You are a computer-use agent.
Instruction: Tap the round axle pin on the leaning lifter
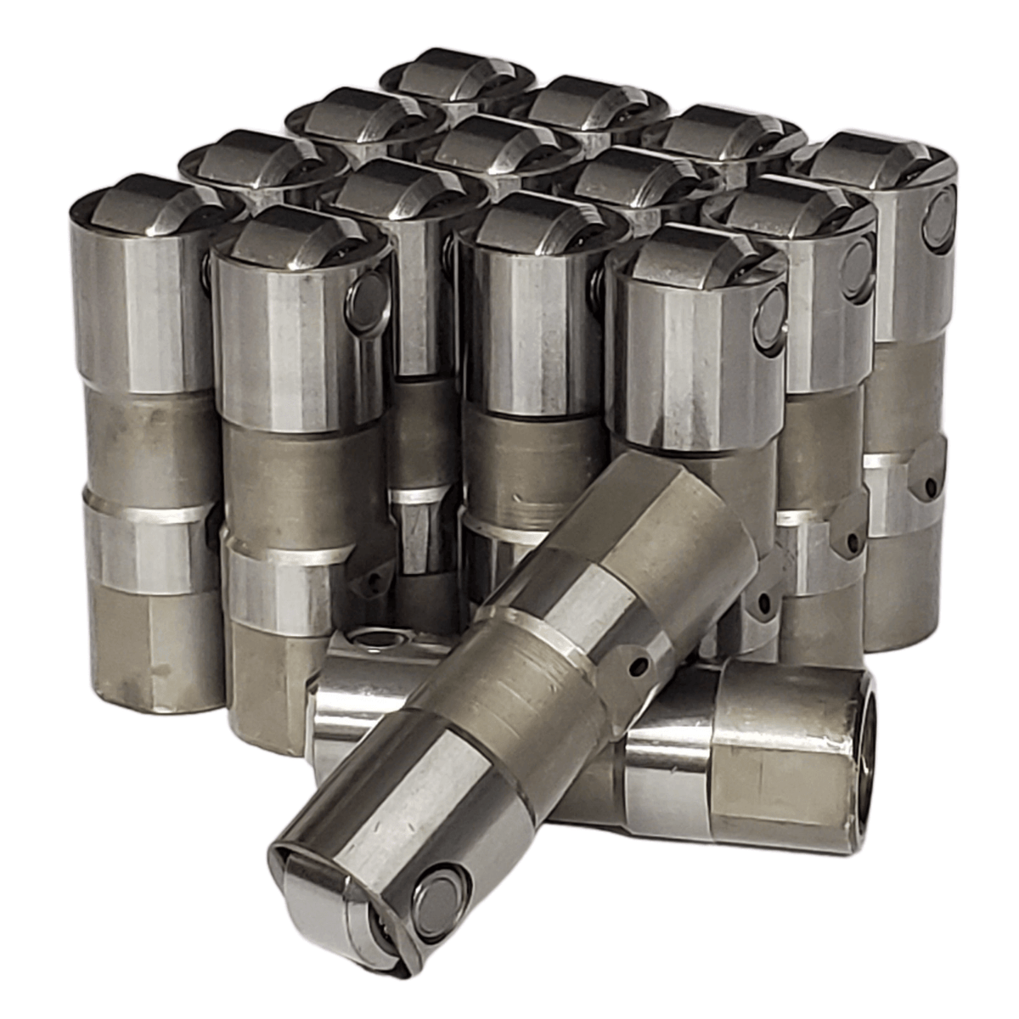pos(438,895)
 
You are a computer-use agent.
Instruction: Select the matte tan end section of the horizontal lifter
pos(781,756)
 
